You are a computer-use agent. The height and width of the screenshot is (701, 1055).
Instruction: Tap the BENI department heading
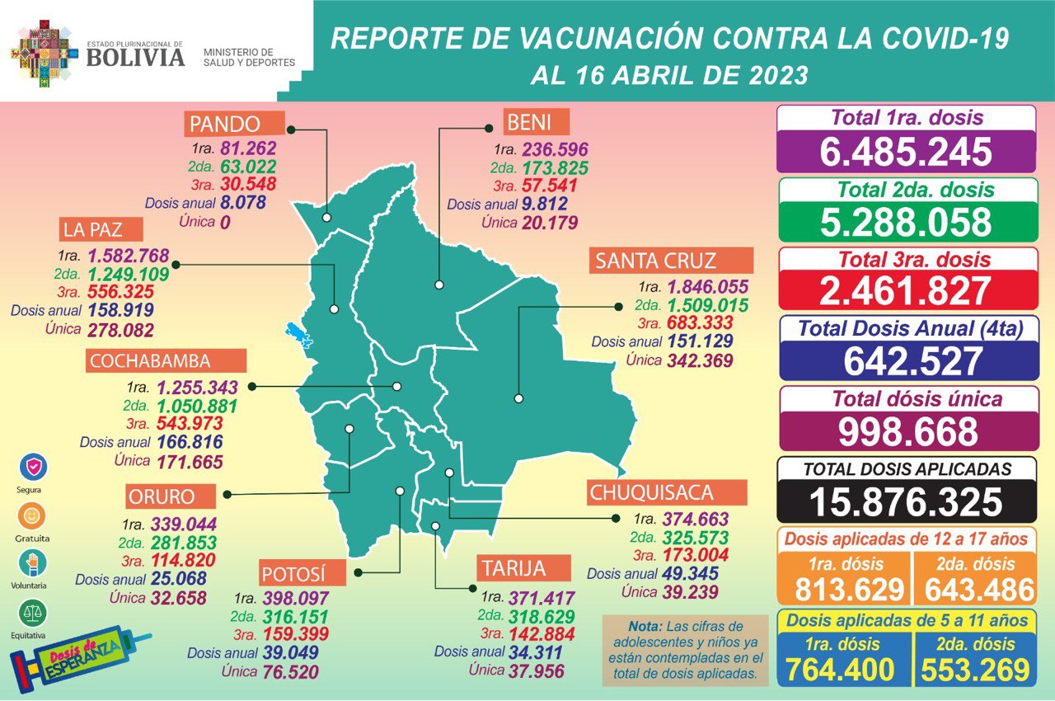click(537, 124)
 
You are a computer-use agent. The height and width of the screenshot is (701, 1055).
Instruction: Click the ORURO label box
click(171, 496)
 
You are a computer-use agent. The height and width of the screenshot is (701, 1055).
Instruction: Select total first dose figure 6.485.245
click(906, 152)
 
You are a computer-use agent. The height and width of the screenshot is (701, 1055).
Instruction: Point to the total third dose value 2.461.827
click(906, 291)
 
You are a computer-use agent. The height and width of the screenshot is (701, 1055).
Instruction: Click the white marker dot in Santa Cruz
click(518, 398)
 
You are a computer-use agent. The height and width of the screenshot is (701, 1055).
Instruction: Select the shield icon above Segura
click(33, 467)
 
